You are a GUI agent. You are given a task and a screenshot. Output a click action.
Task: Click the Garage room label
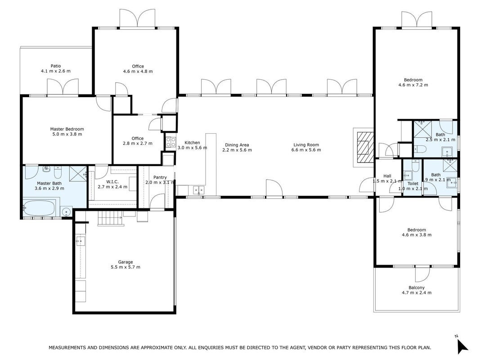(126, 262)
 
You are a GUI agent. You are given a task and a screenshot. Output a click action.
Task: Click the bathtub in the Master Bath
(40, 208)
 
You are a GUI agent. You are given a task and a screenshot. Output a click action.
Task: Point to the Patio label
(56, 66)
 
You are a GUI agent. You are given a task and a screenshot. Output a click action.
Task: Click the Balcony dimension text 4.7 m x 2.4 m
(417, 292)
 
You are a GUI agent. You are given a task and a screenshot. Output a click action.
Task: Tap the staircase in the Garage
(111, 219)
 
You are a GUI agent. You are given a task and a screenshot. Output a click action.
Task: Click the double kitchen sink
(199, 190)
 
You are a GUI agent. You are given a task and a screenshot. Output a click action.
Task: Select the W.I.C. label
(112, 182)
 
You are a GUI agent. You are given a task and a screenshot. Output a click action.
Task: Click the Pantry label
(160, 177)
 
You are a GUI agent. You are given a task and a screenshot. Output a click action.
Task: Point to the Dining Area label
(237, 145)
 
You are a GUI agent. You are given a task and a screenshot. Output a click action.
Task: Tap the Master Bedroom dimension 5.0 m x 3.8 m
(67, 134)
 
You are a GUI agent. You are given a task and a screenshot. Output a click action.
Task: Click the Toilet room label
(413, 184)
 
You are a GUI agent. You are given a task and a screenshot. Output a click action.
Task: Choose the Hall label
(387, 176)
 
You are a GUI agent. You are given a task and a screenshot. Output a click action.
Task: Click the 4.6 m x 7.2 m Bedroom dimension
(413, 85)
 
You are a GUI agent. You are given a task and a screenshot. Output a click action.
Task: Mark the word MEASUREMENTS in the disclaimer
(67, 348)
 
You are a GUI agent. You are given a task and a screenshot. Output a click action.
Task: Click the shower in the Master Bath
(78, 173)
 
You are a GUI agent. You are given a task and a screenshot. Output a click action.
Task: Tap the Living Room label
(306, 145)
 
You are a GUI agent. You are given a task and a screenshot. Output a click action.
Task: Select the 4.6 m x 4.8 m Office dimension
(138, 72)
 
